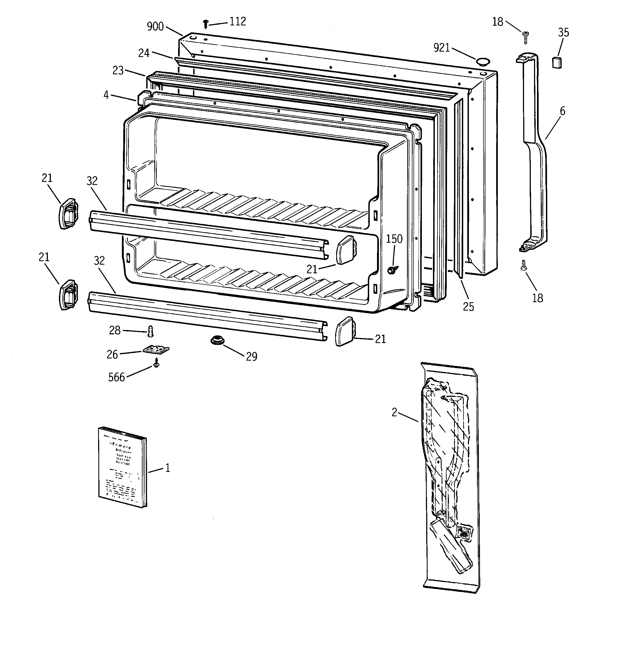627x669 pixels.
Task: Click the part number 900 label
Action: coord(155,26)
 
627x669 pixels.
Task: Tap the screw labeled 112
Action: coord(206,24)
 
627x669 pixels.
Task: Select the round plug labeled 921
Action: coord(482,61)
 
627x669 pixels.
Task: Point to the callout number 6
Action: coord(562,111)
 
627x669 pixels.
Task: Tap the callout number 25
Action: coord(468,307)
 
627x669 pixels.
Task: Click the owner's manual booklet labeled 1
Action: coord(122,467)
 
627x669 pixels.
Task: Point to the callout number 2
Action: coord(394,412)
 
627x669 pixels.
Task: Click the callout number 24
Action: coord(144,53)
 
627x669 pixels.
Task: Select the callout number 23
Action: coord(118,71)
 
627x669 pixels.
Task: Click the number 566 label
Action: coord(116,378)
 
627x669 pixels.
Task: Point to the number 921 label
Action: coord(442,48)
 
